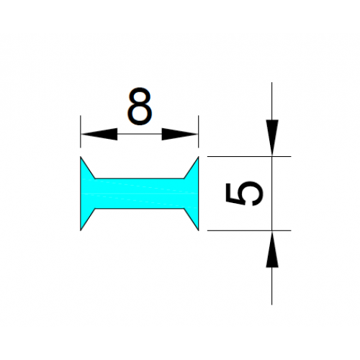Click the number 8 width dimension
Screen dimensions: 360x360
coord(140,106)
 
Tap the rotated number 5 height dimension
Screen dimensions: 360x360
coord(245,194)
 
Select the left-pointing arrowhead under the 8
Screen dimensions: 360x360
coord(99,134)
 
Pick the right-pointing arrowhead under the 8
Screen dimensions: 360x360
coord(179,134)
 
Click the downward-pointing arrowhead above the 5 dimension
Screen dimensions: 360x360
coord(272,138)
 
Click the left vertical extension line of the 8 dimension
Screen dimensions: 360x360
coord(81,132)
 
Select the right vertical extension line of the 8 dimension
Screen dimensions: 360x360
coord(199,132)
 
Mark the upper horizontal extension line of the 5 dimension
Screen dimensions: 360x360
coord(249,156)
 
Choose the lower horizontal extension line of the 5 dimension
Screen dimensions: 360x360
coord(249,230)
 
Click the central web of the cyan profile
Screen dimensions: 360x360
coord(140,194)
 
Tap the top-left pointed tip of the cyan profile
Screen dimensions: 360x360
coord(81,157)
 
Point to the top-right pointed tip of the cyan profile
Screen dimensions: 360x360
coord(199,157)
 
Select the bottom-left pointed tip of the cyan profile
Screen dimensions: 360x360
coord(81,230)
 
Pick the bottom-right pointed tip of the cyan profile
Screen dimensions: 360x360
coord(199,230)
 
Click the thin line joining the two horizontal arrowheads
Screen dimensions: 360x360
coord(140,134)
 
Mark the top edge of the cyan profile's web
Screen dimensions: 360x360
coord(140,179)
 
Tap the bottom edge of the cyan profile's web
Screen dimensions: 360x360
coord(140,209)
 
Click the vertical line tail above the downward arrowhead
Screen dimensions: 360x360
coord(272,101)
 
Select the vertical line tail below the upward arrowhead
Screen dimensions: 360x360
coord(272,286)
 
